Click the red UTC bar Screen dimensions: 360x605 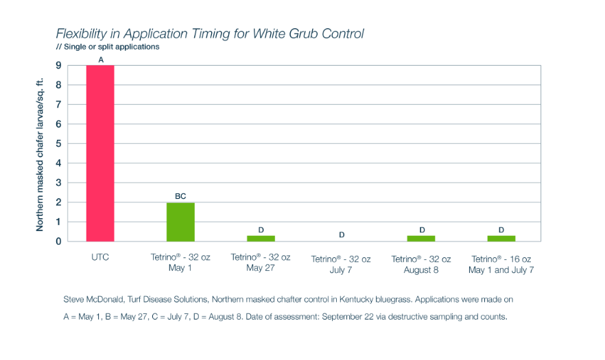pos(100,153)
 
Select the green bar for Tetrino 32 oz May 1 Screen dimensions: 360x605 pos(180,221)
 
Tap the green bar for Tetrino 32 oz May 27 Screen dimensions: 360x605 pos(261,238)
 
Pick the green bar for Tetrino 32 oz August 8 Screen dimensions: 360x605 pos(421,238)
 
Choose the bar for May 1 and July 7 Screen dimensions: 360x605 pos(501,238)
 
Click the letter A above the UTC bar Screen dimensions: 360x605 pos(101,60)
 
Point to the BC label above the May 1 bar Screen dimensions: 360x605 pos(180,196)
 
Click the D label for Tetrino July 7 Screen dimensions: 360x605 pos(342,235)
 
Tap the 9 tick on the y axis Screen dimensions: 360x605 pos(60,65)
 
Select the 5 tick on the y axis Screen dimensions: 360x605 pos(60,144)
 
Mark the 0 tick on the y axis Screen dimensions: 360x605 pos(60,241)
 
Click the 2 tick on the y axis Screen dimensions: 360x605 pos(60,202)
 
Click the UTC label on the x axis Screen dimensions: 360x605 pos(100,258)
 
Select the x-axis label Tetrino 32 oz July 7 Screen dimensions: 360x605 pos(341,264)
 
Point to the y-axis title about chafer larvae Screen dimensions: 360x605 pos(40,154)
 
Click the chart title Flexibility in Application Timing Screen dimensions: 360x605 pos(210,34)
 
